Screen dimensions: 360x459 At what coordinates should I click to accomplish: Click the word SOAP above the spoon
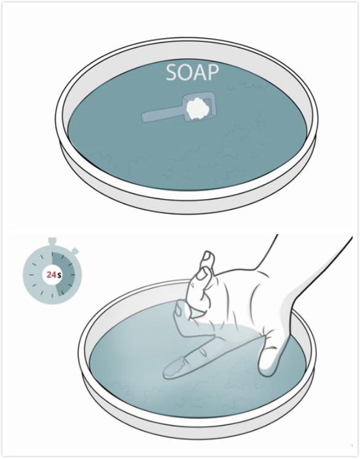coord(192,73)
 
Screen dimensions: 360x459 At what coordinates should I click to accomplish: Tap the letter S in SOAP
coord(171,73)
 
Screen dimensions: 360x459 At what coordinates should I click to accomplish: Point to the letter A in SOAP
coord(200,73)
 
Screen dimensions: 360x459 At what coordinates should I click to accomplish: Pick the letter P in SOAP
coord(214,73)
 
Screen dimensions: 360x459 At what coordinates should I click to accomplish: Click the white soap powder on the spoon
coord(198,108)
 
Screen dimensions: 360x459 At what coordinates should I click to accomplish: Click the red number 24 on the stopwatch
coord(52,275)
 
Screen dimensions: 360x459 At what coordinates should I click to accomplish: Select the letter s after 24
coord(59,275)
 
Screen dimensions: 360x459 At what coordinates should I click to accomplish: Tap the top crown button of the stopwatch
coord(52,241)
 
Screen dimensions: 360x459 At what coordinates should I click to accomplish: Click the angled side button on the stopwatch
coord(75,251)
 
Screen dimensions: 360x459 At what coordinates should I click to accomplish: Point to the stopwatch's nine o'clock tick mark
coord(31,275)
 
